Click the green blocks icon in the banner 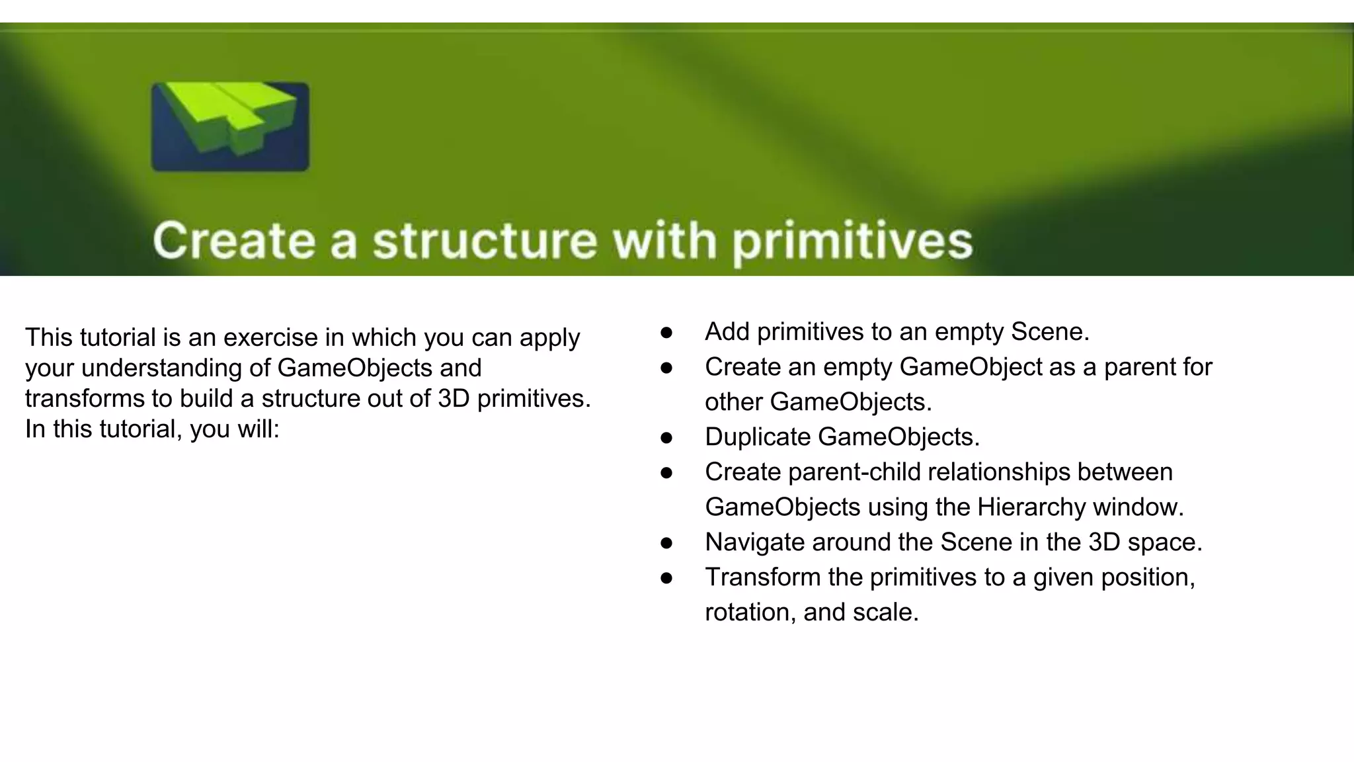pyautogui.click(x=229, y=126)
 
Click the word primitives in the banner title pyautogui.click(x=852, y=241)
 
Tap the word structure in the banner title pyautogui.click(x=485, y=241)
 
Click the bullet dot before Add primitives pyautogui.click(x=666, y=333)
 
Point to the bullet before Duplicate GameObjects pyautogui.click(x=666, y=438)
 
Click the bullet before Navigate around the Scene pyautogui.click(x=666, y=543)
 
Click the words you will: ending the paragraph pyautogui.click(x=235, y=429)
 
